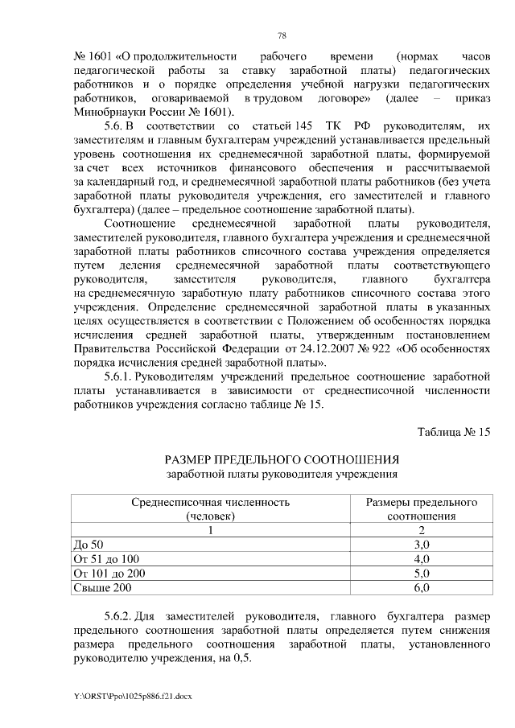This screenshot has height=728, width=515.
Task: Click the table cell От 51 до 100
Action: click(x=105, y=558)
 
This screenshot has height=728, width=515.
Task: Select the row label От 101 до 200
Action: click(x=109, y=573)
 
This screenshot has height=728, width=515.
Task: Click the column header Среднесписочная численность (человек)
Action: click(x=210, y=508)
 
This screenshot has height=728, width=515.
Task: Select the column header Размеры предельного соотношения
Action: click(x=422, y=508)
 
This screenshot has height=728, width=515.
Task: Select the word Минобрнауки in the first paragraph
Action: click(x=107, y=112)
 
